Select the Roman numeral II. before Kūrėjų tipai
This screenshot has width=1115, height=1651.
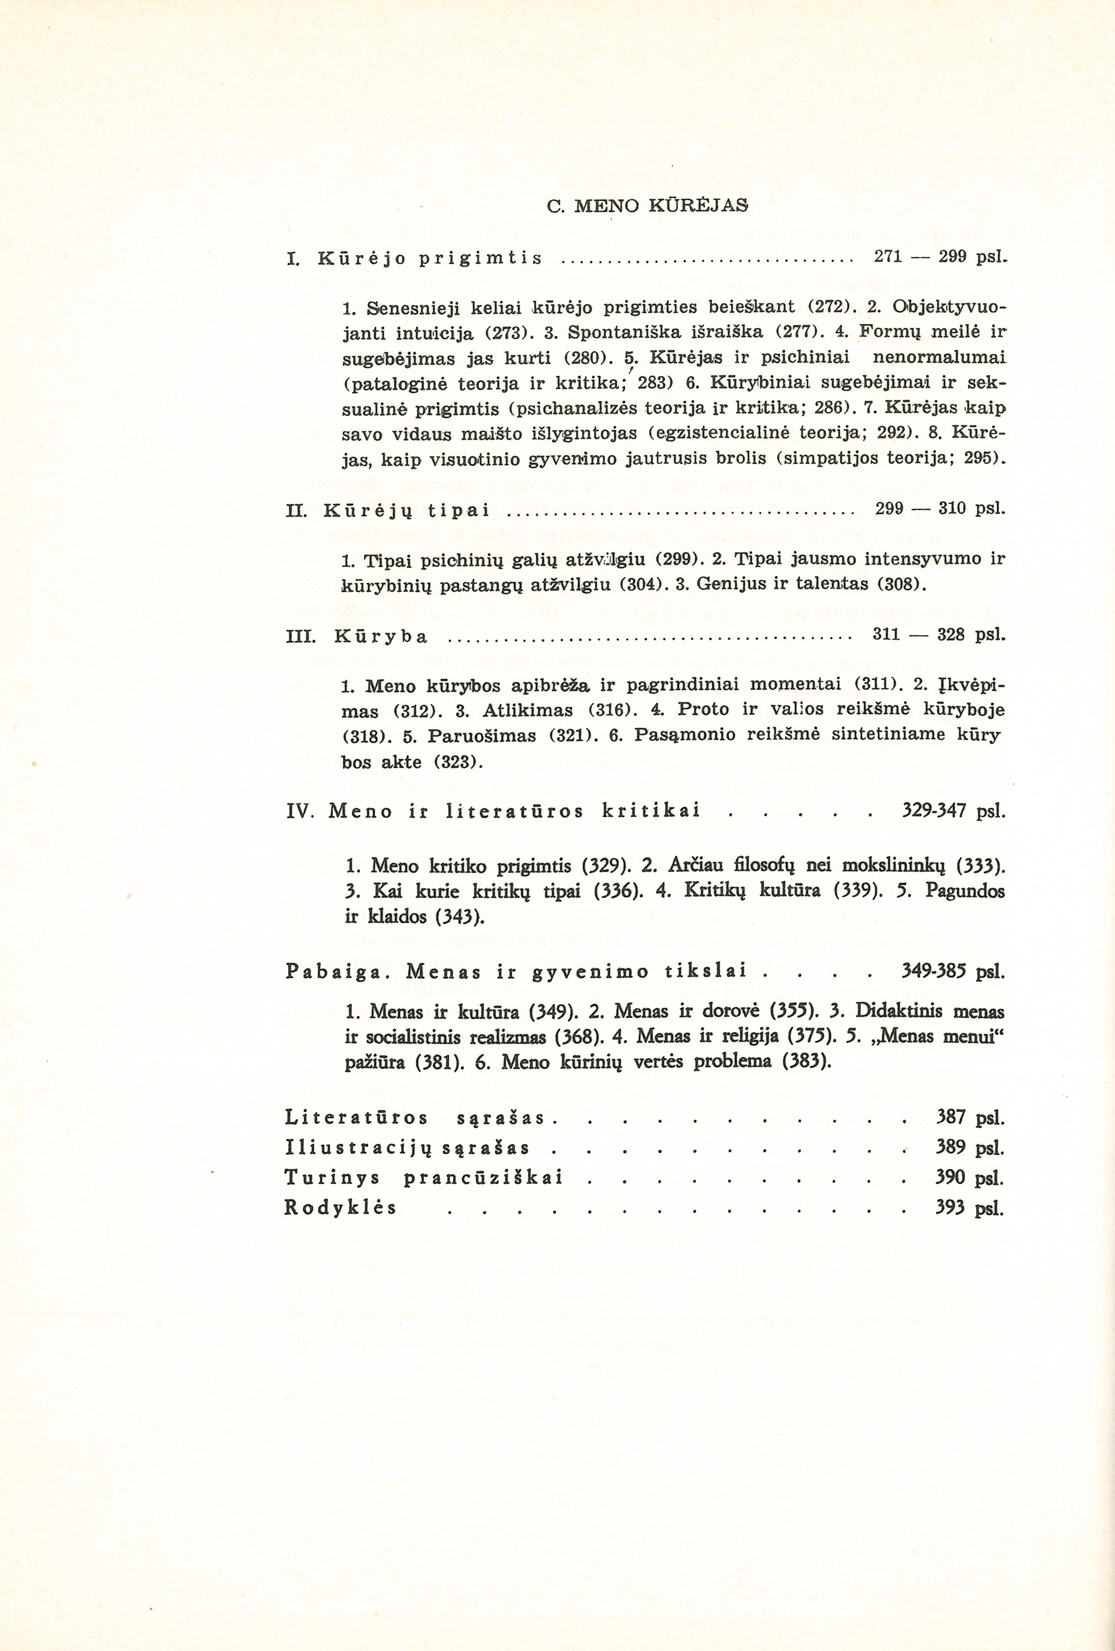coord(295,510)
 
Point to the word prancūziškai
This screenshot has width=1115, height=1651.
coord(483,1178)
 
